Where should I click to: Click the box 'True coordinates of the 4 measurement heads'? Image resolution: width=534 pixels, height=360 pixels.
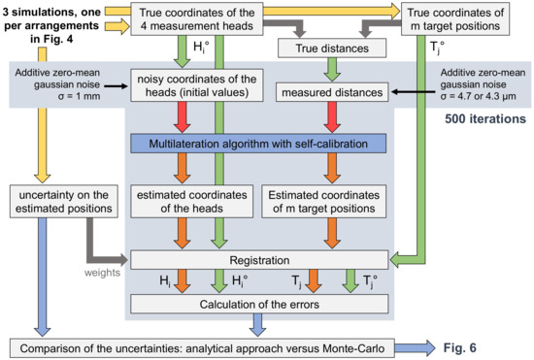[x=209, y=18]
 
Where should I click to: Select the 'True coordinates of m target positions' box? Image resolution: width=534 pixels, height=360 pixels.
[x=465, y=18]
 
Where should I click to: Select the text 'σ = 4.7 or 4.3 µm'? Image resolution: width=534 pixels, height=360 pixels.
[x=481, y=99]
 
